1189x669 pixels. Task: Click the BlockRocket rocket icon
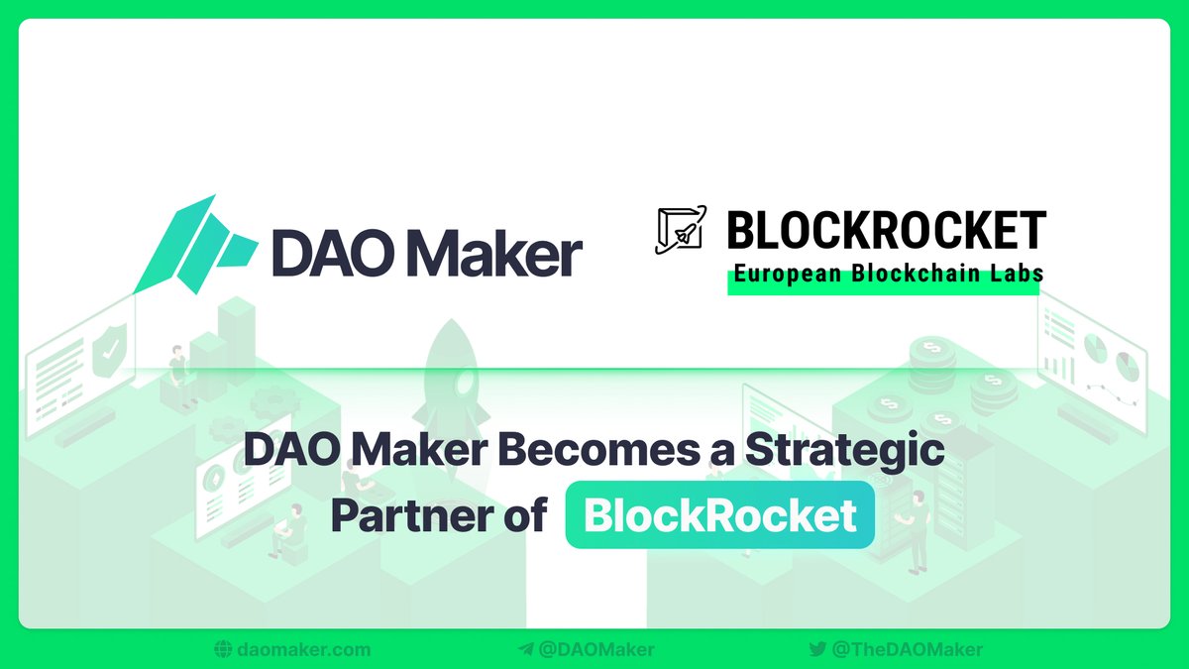681,230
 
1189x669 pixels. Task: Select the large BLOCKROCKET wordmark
886,232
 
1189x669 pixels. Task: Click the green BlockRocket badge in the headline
719,515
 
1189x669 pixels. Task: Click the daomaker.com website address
304,650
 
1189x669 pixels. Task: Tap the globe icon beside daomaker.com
223,650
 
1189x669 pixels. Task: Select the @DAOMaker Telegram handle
595,650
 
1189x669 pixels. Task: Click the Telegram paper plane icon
525,650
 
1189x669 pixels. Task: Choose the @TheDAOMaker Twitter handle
907,650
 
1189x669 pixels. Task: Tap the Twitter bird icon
817,650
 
